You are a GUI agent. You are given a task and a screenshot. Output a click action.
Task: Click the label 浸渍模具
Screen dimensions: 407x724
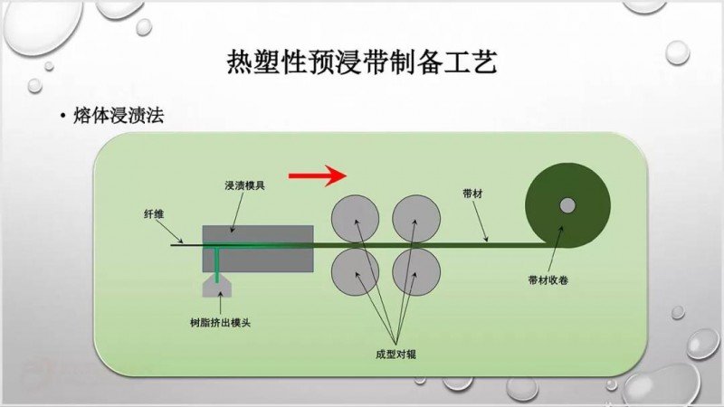pos(244,186)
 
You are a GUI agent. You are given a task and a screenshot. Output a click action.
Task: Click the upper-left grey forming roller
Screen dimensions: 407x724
pos(355,215)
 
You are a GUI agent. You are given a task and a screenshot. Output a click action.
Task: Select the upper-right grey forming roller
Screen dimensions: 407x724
pos(416,215)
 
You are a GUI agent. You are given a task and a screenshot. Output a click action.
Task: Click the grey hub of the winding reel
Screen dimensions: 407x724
pos(567,205)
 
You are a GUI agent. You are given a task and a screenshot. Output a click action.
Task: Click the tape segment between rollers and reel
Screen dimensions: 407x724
pos(489,242)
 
